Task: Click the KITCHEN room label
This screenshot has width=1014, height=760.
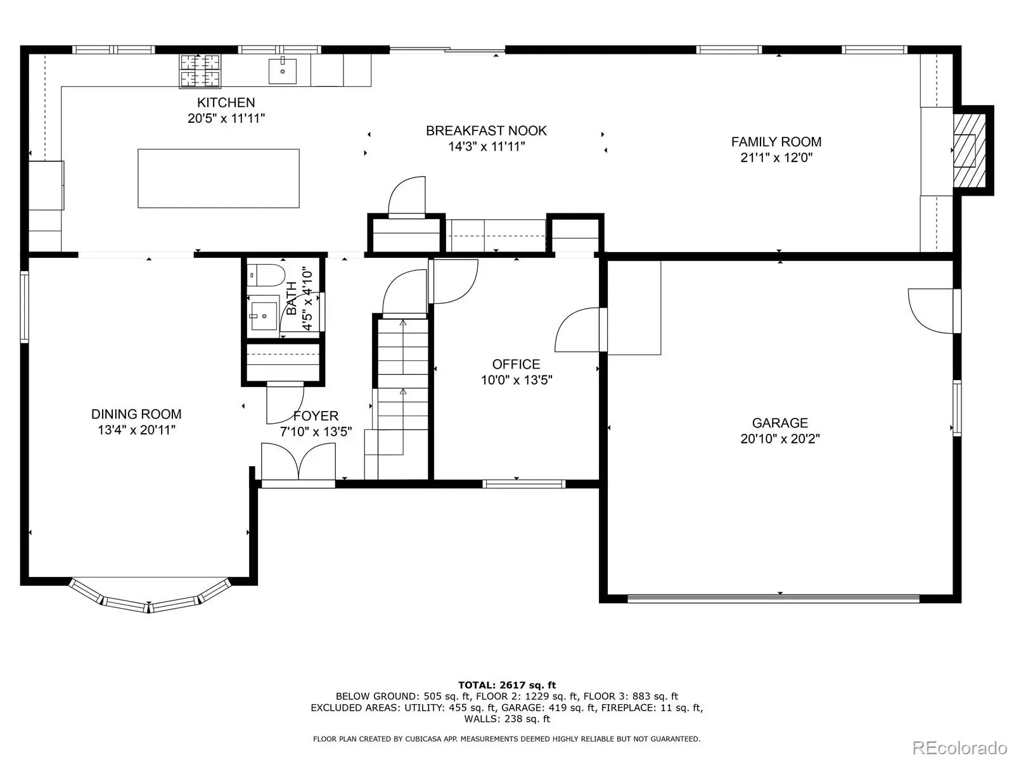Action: [226, 103]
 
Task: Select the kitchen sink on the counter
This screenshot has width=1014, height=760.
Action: [282, 70]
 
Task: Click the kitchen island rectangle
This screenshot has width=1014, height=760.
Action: [219, 178]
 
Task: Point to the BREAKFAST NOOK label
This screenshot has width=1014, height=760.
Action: [486, 131]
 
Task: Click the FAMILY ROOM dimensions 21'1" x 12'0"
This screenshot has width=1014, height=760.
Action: [776, 158]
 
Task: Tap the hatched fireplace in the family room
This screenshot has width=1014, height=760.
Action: [969, 151]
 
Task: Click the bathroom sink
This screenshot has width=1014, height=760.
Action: [264, 316]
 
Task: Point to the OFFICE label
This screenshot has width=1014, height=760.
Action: [516, 365]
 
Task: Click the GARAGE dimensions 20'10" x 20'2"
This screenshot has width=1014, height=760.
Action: [780, 439]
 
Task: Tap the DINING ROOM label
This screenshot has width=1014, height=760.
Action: [136, 414]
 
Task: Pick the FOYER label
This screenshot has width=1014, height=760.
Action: [316, 416]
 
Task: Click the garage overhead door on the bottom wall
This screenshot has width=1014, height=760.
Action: [773, 598]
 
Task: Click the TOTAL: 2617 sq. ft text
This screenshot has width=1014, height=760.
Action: [507, 685]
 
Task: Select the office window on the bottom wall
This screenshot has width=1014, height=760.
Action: [524, 484]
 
